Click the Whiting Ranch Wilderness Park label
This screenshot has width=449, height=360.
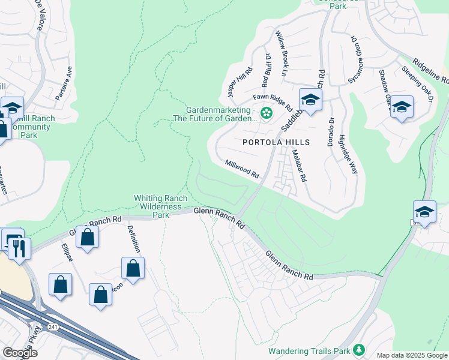click(x=158, y=206)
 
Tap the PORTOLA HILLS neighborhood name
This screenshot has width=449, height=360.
click(x=276, y=142)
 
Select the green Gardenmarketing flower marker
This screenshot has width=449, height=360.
click(x=265, y=112)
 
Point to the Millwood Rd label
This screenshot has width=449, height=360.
click(x=242, y=169)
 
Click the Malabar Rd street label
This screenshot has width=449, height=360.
click(x=299, y=166)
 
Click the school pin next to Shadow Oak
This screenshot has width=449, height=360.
click(x=402, y=107)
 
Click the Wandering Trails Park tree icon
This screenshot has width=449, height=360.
click(x=359, y=349)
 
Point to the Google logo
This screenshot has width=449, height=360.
click(x=20, y=353)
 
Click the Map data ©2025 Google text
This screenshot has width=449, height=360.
click(x=411, y=355)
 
